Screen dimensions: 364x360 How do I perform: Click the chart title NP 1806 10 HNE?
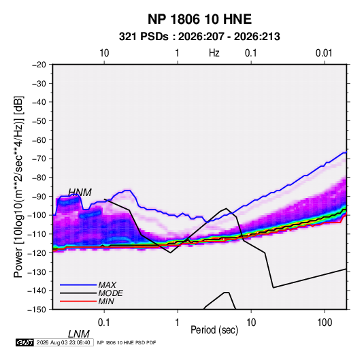[x=199, y=19]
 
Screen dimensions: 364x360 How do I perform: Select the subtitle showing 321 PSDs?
[x=199, y=37]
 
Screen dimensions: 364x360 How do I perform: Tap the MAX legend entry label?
[x=107, y=285]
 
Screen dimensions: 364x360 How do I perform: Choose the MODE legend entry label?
[x=110, y=293]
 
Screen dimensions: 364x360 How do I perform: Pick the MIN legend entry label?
[x=106, y=301]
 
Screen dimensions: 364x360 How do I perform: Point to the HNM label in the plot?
[x=80, y=193]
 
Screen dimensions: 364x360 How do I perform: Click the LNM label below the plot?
[x=79, y=334]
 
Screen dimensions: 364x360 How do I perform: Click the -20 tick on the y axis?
[x=39, y=65]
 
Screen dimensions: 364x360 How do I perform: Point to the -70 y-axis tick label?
[x=39, y=159]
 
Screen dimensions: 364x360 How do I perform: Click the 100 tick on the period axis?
[x=324, y=323]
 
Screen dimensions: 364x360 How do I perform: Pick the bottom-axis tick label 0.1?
[x=104, y=323]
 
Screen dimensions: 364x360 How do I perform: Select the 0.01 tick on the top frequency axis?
[x=324, y=53]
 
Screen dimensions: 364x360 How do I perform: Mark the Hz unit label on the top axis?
[x=214, y=53]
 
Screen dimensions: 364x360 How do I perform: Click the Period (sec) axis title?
[x=214, y=330]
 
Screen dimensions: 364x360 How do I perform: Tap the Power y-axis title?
[x=18, y=186]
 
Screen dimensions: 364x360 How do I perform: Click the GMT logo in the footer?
[x=25, y=342]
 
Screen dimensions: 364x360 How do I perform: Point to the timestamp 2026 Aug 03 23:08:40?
[x=63, y=342]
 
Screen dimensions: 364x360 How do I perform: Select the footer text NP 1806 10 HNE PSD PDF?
[x=127, y=342]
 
